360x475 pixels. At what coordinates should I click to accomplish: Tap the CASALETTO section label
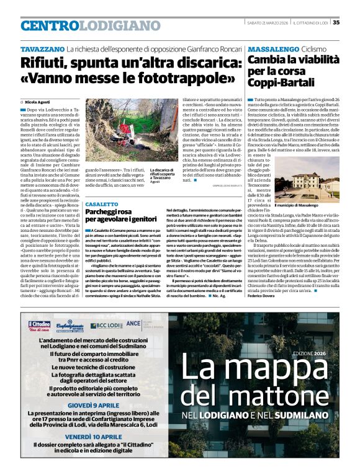pyautogui.click(x=101, y=204)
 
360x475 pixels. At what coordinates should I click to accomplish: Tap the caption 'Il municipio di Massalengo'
pyautogui.click(x=310, y=205)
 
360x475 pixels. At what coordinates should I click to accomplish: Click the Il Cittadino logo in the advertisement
pyautogui.click(x=38, y=325)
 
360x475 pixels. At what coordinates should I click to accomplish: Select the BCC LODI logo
pyautogui.click(x=106, y=326)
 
